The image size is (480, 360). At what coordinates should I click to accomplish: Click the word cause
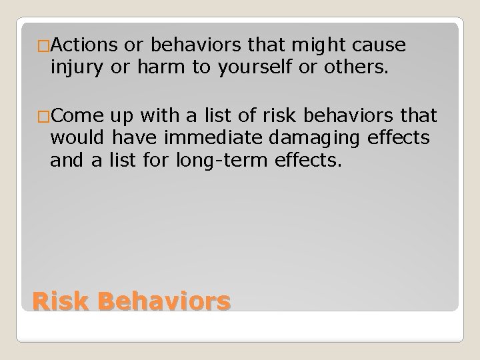point(375,46)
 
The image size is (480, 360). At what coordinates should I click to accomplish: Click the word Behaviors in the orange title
point(163,302)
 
